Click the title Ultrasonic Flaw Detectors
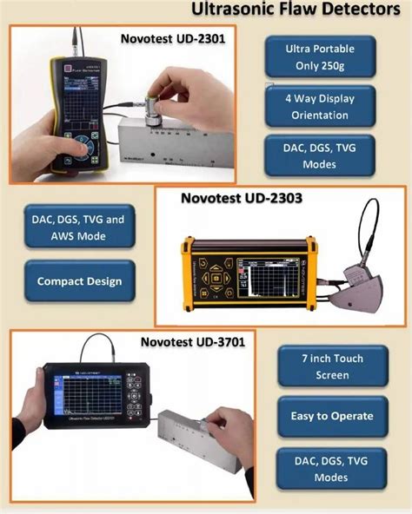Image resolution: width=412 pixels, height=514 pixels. coord(299,11)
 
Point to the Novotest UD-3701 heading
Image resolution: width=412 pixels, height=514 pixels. coord(193,341)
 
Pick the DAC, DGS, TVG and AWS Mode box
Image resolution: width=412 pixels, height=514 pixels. coord(79,228)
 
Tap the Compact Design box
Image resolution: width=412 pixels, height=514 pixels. coord(79,281)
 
